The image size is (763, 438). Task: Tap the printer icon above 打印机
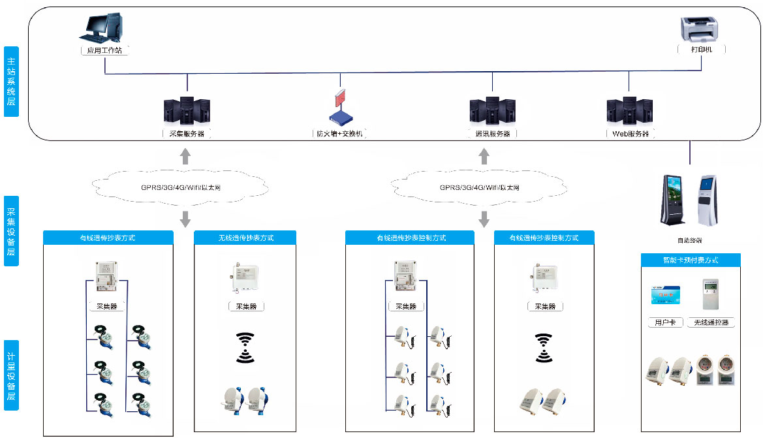(702, 30)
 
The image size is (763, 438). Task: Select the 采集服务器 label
(187, 134)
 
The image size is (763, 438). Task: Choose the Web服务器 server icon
(629, 110)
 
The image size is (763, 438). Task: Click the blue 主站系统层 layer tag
(11, 82)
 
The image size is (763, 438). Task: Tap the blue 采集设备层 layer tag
(11, 231)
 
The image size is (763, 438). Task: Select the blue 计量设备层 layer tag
(11, 375)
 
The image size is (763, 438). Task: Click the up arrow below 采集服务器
(185, 156)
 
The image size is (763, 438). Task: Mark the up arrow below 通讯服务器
(484, 156)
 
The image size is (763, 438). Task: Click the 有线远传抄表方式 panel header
(108, 238)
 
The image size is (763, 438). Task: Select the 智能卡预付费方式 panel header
(691, 260)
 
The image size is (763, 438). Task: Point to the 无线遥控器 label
(711, 322)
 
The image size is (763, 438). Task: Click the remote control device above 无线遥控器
(710, 295)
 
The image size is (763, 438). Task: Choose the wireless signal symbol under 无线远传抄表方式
(245, 347)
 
